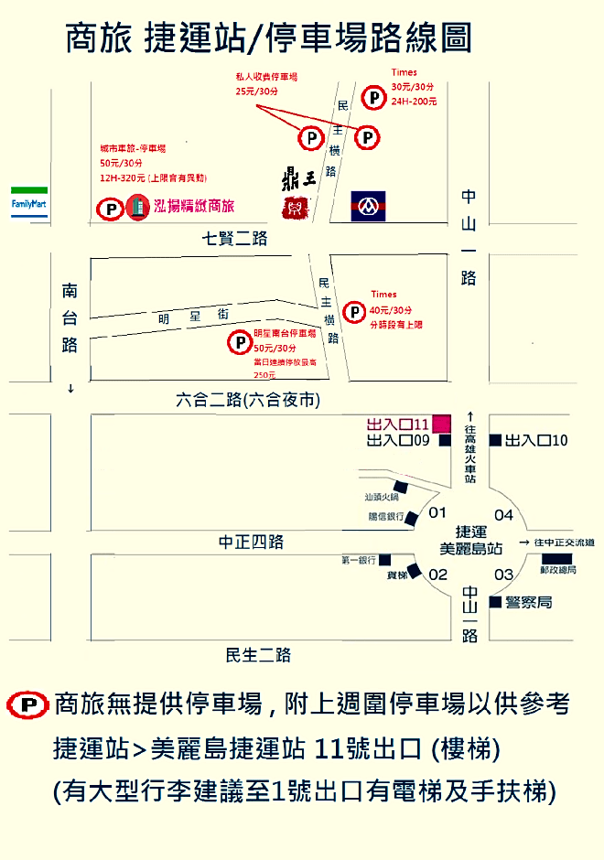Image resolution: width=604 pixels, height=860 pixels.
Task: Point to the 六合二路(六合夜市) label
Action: coord(247,401)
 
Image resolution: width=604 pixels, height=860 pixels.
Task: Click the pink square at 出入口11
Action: coord(441,423)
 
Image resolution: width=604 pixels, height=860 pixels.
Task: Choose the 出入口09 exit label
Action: coord(398,440)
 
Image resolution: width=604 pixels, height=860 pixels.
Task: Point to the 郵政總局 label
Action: coord(558,570)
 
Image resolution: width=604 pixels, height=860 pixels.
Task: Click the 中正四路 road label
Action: coord(251,542)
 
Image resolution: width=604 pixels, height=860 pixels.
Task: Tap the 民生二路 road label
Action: coord(258,655)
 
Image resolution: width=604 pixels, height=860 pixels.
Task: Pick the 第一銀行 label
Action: coord(358,559)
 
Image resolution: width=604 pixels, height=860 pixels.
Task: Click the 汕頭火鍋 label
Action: coord(382,499)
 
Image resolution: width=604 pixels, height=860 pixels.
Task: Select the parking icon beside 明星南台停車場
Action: coord(239,343)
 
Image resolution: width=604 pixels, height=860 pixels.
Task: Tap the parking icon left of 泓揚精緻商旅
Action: coord(110,209)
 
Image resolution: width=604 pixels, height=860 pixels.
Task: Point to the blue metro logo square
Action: coord(369,207)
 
